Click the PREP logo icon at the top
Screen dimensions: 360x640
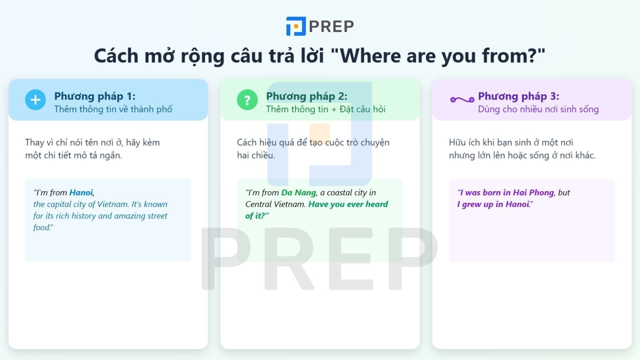pos(296,26)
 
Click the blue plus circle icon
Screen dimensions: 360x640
pos(36,100)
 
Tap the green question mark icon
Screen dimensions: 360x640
pos(247,100)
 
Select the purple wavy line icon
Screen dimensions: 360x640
pos(462,100)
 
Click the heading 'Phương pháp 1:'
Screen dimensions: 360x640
pos(95,96)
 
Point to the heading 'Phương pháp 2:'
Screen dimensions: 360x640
pos(306,96)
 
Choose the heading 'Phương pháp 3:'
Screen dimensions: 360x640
pos(518,96)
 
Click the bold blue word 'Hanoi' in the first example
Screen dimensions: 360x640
pos(81,193)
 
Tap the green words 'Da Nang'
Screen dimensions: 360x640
pos(298,193)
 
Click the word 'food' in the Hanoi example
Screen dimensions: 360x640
pos(42,228)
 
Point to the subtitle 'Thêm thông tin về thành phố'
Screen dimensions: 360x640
pos(113,109)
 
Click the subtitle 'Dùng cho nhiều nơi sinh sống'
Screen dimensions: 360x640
pos(538,109)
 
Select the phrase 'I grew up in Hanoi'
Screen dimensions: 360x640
pos(493,204)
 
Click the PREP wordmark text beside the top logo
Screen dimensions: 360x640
pos(331,27)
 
